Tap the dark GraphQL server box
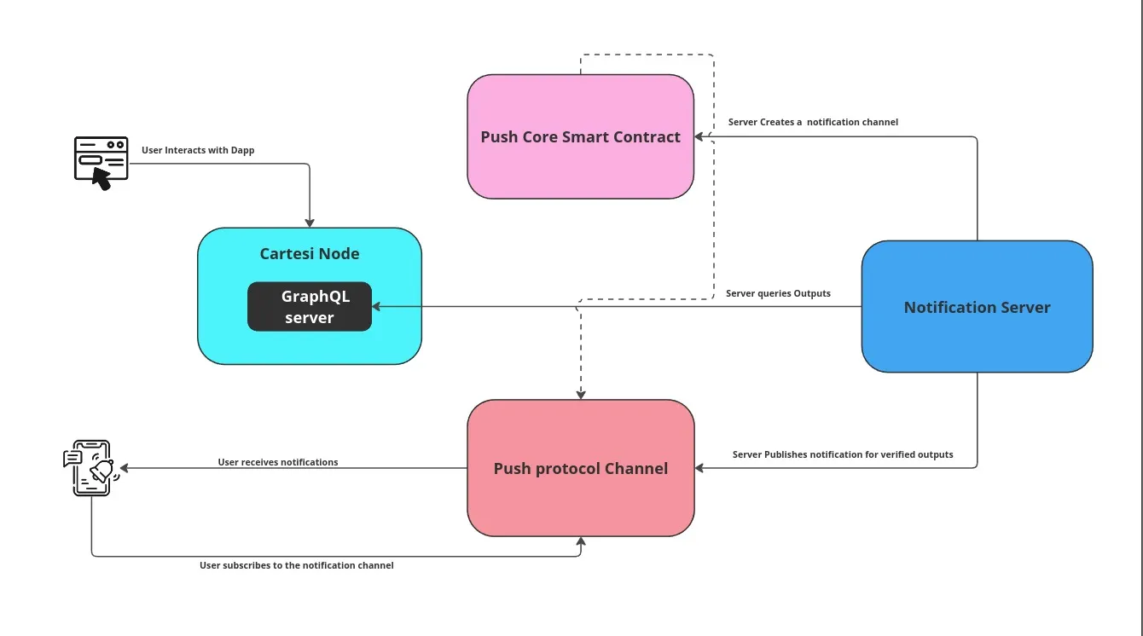310,306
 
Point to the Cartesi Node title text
309,254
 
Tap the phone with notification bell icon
90,467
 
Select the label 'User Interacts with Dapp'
198,150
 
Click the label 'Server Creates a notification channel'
813,122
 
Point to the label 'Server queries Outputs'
778,293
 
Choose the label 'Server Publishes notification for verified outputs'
843,454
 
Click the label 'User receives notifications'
278,462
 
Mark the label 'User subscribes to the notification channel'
297,565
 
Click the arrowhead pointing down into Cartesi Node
310,223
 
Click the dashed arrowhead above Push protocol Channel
581,394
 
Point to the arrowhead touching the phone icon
125,468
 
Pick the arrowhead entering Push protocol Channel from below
581,541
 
